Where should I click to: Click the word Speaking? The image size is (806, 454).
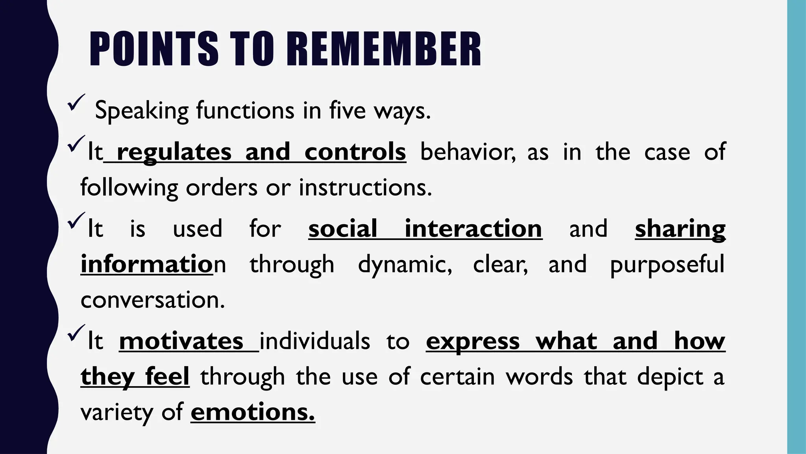pos(142,111)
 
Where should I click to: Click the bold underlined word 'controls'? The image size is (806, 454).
pos(355,152)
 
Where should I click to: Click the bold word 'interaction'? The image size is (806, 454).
pos(473,229)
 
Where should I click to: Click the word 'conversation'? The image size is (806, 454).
pos(152,300)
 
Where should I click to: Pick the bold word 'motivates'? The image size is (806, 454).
pos(181,341)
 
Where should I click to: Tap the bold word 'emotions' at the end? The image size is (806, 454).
pos(253,412)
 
